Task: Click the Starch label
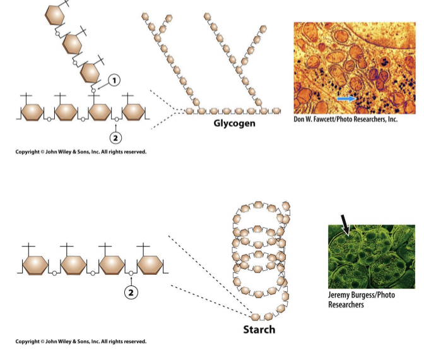(259, 329)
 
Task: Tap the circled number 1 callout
(113, 80)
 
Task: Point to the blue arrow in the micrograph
(346, 99)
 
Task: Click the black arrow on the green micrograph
(346, 223)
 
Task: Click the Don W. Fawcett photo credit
(345, 119)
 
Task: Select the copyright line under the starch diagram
(81, 342)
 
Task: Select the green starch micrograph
(371, 256)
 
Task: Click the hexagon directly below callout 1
(98, 112)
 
